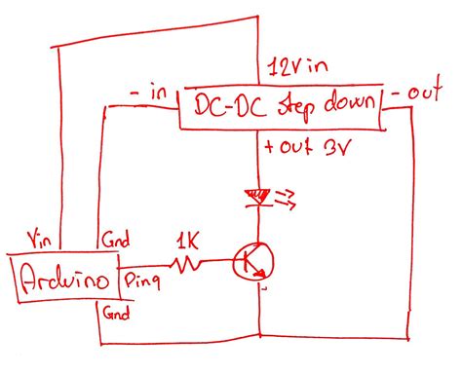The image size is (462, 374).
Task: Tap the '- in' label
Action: click(148, 93)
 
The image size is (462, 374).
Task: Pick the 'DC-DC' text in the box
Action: click(225, 107)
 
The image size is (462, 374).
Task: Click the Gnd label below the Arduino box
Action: click(116, 313)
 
